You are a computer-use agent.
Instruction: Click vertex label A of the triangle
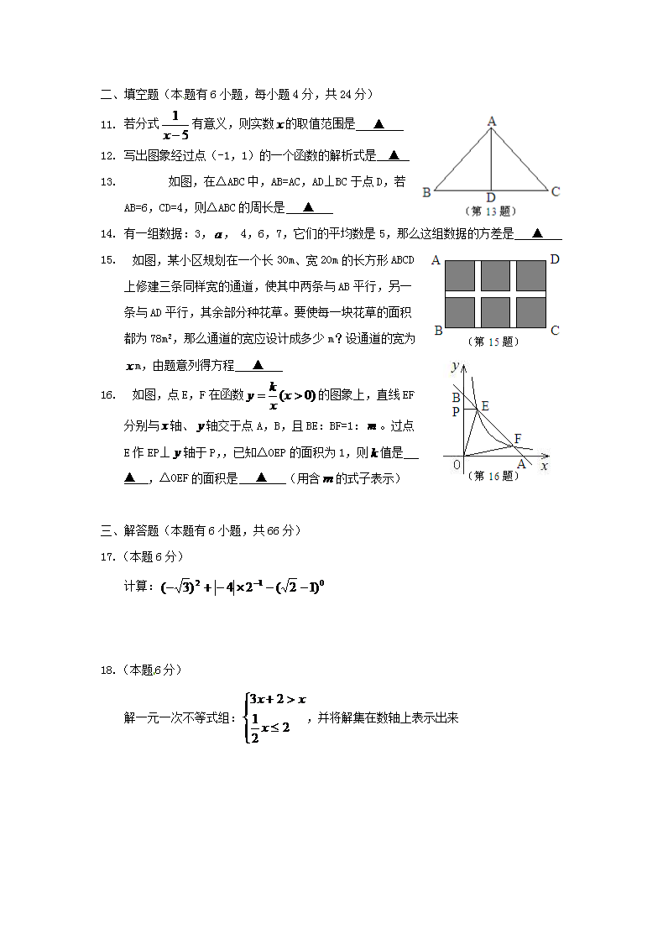pos(492,122)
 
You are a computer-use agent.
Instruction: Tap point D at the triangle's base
pos(491,197)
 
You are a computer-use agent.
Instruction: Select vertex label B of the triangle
pos(426,192)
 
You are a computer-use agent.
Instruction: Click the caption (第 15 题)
pos(493,342)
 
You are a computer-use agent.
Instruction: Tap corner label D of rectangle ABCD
pos(554,259)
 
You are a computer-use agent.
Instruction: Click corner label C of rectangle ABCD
pos(554,331)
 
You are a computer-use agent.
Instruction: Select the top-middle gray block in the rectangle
pos(495,275)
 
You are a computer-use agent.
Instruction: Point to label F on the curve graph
pos(518,438)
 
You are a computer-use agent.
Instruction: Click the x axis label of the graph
pos(545,465)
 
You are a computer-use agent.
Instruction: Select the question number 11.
pos(107,125)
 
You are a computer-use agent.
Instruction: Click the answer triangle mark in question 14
pos(537,234)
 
